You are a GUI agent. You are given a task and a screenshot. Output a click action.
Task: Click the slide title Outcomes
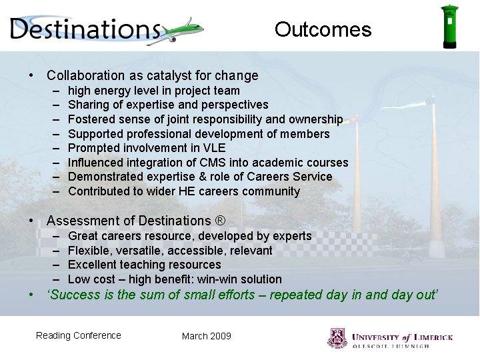tap(323, 29)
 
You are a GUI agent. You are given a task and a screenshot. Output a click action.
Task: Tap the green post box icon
tap(450, 27)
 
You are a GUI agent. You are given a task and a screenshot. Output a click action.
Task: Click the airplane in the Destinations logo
tap(181, 31)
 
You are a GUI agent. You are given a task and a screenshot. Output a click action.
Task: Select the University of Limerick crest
tap(337, 338)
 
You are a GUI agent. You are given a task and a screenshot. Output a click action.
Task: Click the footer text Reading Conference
tap(79, 335)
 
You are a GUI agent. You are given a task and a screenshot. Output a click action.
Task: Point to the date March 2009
tap(206, 336)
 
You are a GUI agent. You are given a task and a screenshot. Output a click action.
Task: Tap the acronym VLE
tap(213, 148)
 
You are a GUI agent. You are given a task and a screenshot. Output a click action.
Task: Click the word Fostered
tap(91, 119)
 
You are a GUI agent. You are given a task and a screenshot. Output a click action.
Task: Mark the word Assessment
tap(79, 221)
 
